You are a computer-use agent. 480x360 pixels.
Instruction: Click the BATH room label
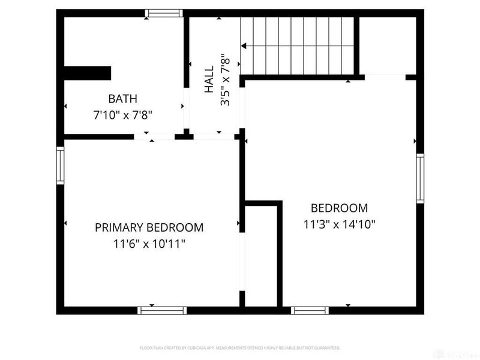click(122, 98)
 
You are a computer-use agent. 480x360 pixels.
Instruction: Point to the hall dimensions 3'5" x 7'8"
click(225, 80)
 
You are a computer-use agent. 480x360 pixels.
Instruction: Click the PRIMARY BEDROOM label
click(149, 227)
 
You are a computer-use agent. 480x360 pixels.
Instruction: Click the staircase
click(297, 45)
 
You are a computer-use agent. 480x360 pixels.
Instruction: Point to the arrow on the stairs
click(244, 45)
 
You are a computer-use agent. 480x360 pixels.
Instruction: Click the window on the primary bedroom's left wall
click(60, 165)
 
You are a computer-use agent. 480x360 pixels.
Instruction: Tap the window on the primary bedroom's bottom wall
click(162, 310)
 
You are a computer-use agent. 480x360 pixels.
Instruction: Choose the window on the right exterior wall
click(420, 178)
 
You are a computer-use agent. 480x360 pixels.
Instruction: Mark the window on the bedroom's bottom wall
click(310, 310)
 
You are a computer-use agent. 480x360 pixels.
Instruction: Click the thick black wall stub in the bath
click(88, 73)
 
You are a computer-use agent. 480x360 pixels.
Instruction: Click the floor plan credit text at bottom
click(240, 348)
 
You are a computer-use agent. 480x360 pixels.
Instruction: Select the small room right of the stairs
click(387, 45)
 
